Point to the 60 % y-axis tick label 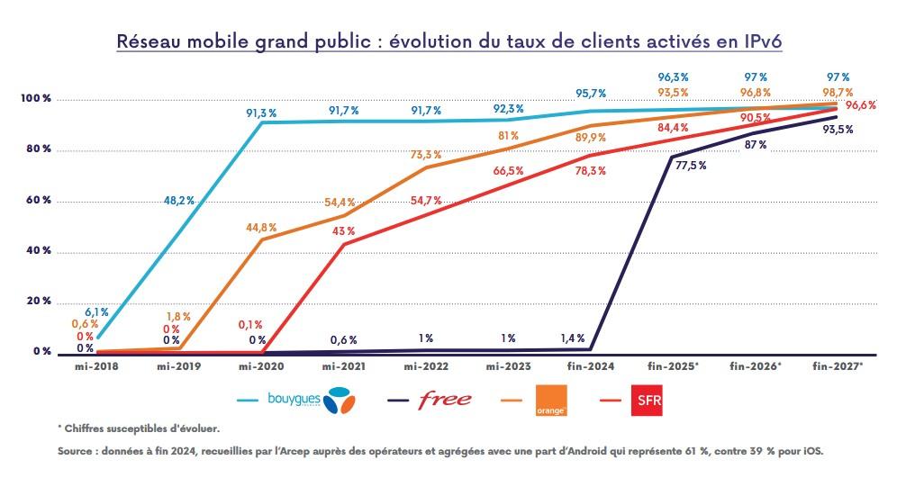[38, 200]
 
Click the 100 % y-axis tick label [37, 98]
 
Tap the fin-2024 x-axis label [591, 367]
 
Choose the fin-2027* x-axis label [838, 367]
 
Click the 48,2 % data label [177, 200]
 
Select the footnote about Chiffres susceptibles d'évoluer [137, 428]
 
